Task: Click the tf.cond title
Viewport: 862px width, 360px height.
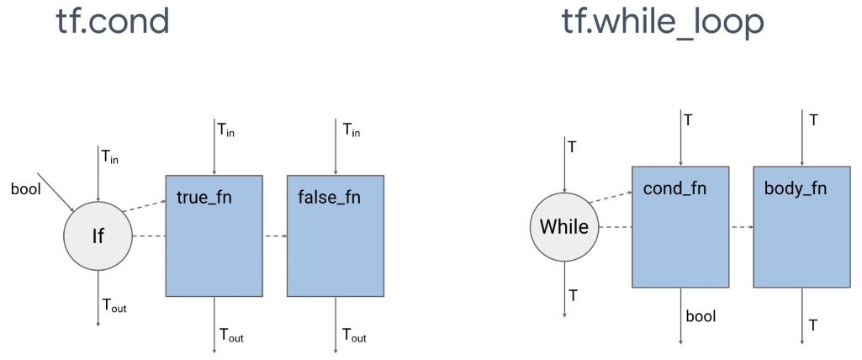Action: pyautogui.click(x=113, y=22)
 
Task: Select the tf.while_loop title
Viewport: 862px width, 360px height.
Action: pyautogui.click(x=663, y=22)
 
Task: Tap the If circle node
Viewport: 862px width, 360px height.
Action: pyautogui.click(x=98, y=236)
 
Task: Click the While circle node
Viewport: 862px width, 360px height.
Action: pyautogui.click(x=563, y=227)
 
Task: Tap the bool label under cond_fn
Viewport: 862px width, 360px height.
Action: pyautogui.click(x=701, y=316)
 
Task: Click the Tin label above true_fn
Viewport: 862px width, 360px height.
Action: pyautogui.click(x=228, y=130)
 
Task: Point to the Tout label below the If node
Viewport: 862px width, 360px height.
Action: pyautogui.click(x=114, y=306)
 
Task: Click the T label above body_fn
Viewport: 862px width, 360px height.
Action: pyautogui.click(x=813, y=120)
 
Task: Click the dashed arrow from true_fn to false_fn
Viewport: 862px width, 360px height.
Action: pyautogui.click(x=275, y=236)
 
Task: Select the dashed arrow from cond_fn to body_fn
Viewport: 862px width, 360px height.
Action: pyautogui.click(x=740, y=227)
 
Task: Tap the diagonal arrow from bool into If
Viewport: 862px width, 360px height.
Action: pyautogui.click(x=59, y=195)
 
